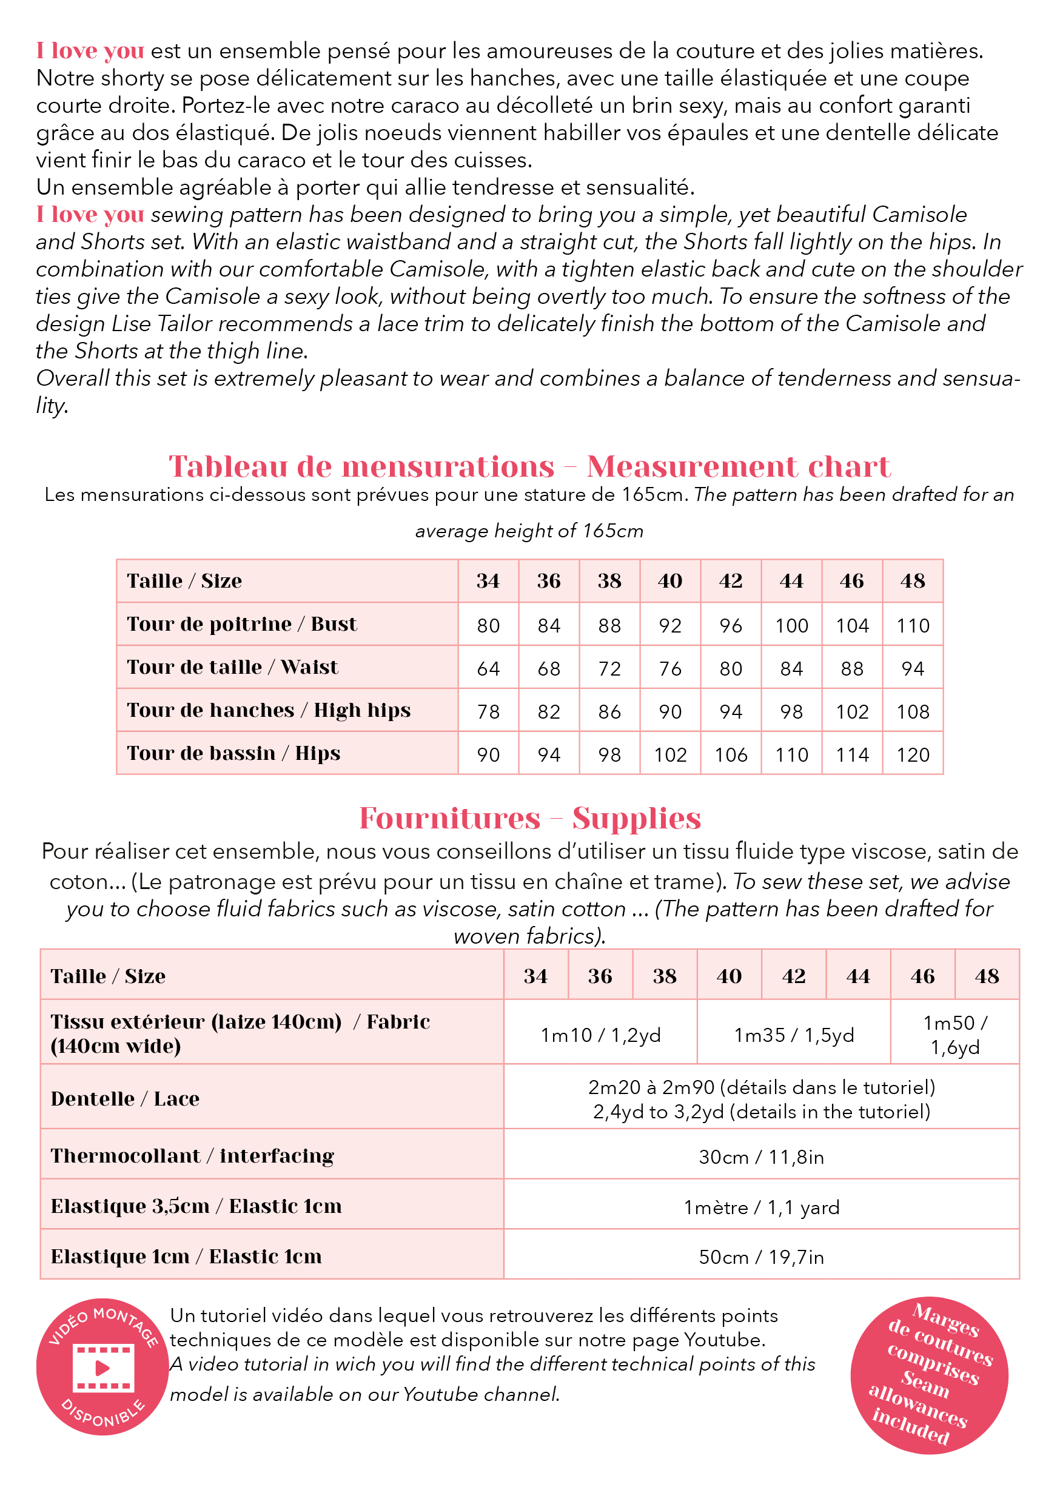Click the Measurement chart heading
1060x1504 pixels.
[x=739, y=466]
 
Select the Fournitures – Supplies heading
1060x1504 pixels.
[x=530, y=818]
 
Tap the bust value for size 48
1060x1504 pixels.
[x=913, y=626]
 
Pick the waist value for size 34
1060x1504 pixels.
[x=488, y=669]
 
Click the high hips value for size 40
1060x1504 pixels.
[x=670, y=712]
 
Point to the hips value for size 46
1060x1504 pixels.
[x=851, y=755]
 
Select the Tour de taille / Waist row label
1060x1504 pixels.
[x=233, y=668]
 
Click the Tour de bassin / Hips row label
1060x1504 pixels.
[x=233, y=753]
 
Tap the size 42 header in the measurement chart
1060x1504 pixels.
[x=731, y=581]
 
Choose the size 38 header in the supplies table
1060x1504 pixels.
[x=664, y=976]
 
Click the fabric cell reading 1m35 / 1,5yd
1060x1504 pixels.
[x=794, y=1035]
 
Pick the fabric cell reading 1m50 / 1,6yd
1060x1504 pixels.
[x=954, y=1035]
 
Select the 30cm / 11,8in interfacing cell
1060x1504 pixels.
[x=761, y=1157]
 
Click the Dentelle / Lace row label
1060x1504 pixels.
[x=125, y=1099]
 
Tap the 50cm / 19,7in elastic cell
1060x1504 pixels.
[x=761, y=1257]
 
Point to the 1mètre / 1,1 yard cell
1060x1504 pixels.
[x=761, y=1207]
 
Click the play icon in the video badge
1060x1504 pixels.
[x=103, y=1368]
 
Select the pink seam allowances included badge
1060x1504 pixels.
[x=929, y=1374]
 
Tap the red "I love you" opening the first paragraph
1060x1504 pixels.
[x=90, y=50]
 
